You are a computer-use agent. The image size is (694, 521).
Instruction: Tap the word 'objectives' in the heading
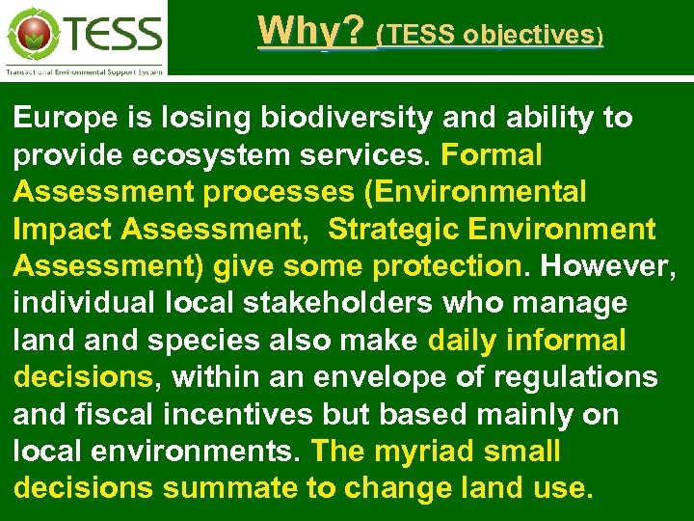(529, 35)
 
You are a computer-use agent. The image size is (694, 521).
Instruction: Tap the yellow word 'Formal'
(492, 155)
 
